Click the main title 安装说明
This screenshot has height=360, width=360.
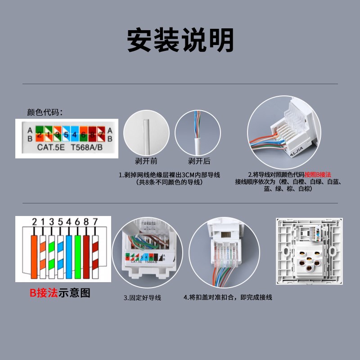[x=180, y=40]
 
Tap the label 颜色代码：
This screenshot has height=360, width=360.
[x=45, y=112]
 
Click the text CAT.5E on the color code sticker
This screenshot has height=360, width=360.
[x=50, y=147]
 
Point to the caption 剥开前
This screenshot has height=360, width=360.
[x=147, y=161]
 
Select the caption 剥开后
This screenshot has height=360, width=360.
[x=199, y=161]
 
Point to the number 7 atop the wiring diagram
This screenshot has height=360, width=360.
[x=94, y=221]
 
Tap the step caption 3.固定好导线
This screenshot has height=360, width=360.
[x=142, y=297]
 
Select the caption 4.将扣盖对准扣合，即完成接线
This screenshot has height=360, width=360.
[x=228, y=297]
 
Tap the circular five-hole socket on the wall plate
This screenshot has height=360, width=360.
[x=309, y=261]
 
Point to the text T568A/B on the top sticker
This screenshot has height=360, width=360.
[x=87, y=147]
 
